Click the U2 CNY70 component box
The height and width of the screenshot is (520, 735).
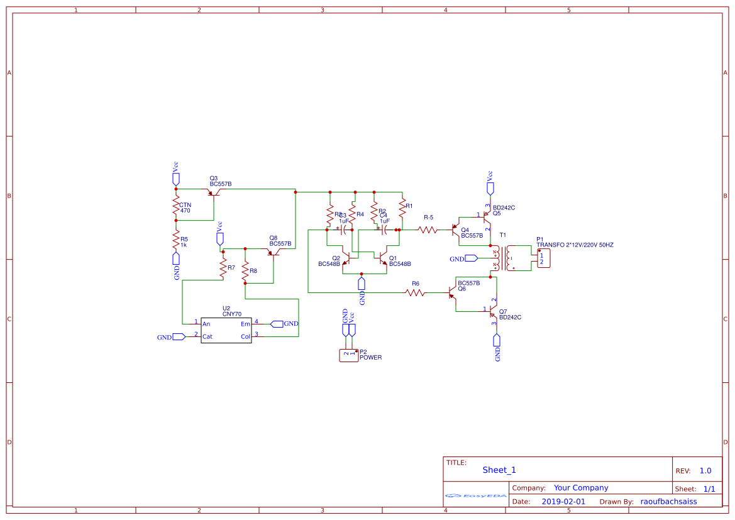click(x=226, y=330)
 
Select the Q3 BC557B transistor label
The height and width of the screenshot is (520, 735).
click(x=220, y=181)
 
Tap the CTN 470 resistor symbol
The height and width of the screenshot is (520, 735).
click(x=176, y=205)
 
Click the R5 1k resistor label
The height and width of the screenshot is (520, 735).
click(x=184, y=242)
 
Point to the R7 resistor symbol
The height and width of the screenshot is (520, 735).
click(x=223, y=268)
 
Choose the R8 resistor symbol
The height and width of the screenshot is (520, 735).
click(x=245, y=272)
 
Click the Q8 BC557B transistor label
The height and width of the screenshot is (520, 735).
click(x=280, y=241)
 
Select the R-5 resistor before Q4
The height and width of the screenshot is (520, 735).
click(x=428, y=230)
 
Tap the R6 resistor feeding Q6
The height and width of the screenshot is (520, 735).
click(x=415, y=293)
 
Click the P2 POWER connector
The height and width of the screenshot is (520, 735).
click(x=348, y=355)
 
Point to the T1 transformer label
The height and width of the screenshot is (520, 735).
click(x=502, y=235)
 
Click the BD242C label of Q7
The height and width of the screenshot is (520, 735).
click(x=510, y=318)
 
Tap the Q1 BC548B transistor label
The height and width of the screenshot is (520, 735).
click(x=399, y=261)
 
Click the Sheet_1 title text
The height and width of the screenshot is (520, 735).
click(x=499, y=470)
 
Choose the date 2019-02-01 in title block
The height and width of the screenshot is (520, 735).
click(x=563, y=502)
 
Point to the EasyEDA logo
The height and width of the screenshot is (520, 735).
click(x=475, y=495)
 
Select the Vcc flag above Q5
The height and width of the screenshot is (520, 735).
click(x=490, y=187)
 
